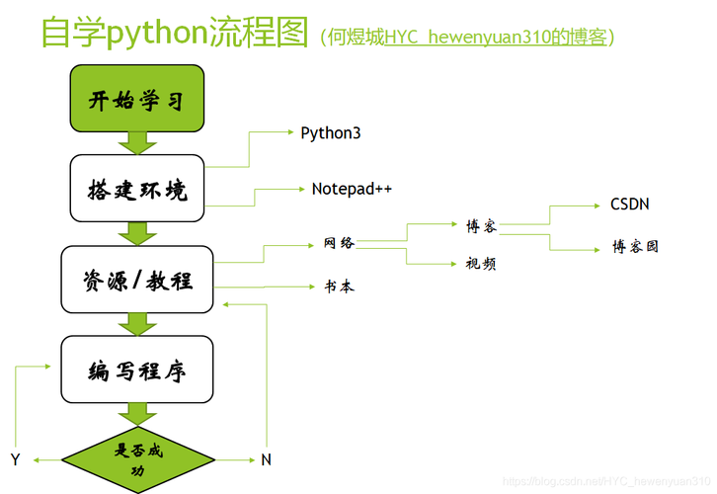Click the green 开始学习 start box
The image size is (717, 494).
pos(136,101)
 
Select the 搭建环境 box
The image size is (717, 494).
pos(136,188)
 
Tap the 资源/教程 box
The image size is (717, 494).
pos(137,280)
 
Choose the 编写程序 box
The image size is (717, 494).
pos(137,370)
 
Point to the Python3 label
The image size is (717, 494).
pos(330,132)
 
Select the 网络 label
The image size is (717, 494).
pos(339,243)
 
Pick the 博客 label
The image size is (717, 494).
pos(481,226)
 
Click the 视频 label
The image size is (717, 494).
pos(481,263)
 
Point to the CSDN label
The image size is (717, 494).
pos(629,205)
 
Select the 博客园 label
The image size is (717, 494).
pos(635,246)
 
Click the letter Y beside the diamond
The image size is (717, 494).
pos(15,459)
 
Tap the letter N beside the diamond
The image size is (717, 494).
pos(266,459)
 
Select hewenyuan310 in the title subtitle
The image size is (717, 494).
pos(488,37)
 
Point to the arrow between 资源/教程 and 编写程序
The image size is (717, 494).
pos(137,323)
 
